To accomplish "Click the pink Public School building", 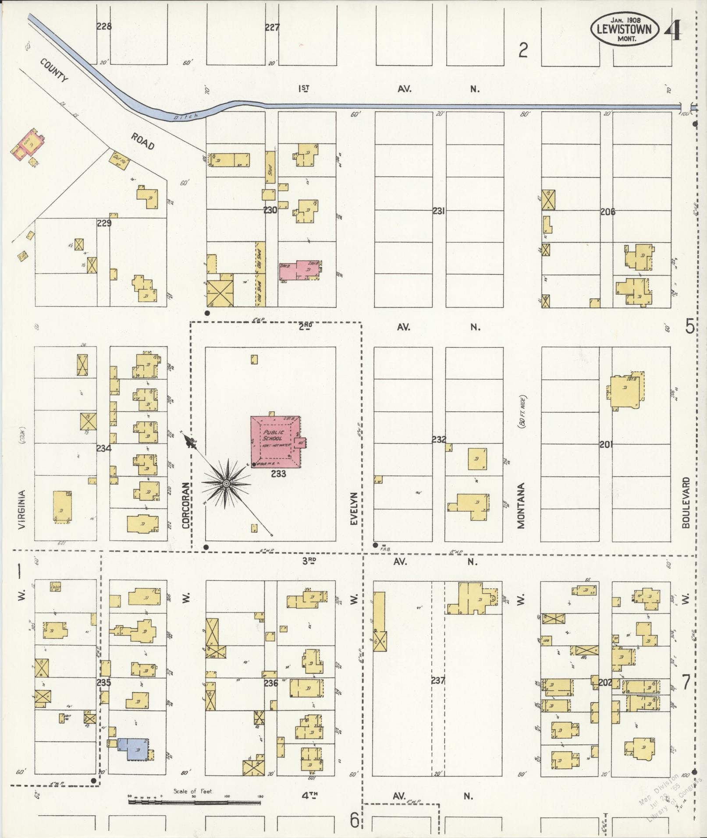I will [275, 441].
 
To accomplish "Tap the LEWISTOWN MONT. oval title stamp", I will [624, 29].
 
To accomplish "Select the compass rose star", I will [226, 483].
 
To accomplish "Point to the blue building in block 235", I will [133, 749].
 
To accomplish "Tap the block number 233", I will [278, 474].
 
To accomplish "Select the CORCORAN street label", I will [186, 505].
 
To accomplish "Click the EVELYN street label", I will [354, 508].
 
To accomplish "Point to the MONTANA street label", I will [521, 506].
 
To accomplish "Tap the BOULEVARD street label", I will [686, 502].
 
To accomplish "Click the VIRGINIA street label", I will [22, 509].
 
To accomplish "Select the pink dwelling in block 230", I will [301, 270].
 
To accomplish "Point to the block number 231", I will [439, 211].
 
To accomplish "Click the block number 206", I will [608, 212].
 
